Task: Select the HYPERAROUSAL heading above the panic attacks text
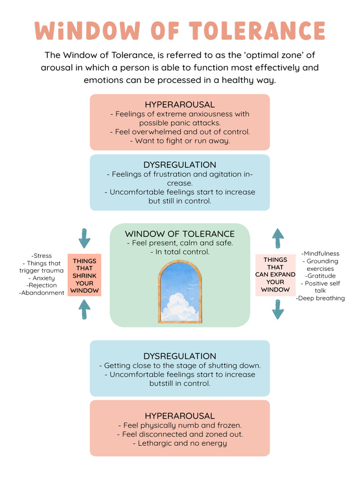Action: click(x=180, y=105)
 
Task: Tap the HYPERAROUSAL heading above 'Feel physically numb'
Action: click(x=180, y=416)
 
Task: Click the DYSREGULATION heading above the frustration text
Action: click(x=180, y=165)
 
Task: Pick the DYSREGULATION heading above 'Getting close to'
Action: click(x=180, y=356)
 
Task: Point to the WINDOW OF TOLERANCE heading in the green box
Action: click(x=180, y=233)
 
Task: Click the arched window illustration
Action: click(x=180, y=292)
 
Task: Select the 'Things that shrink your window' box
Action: click(x=84, y=276)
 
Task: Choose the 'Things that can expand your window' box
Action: click(x=275, y=275)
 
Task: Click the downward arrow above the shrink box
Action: click(x=84, y=238)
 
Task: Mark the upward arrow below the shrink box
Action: click(x=84, y=310)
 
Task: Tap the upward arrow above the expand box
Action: click(x=278, y=238)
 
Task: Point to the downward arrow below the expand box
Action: click(x=278, y=309)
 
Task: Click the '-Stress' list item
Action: click(x=42, y=256)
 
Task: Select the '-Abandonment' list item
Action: click(x=42, y=292)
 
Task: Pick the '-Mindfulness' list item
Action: click(x=320, y=254)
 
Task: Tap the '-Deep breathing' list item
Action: click(x=320, y=298)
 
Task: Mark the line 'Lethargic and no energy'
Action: click(x=180, y=443)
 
